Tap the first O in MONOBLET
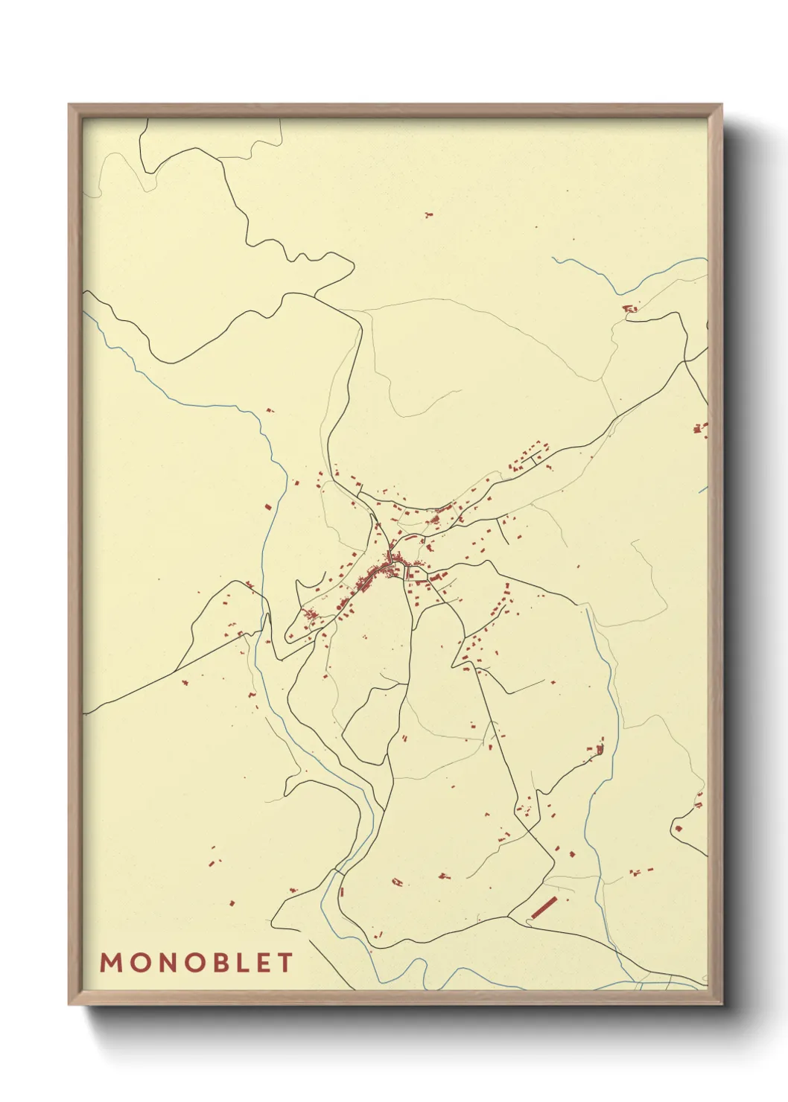(139, 963)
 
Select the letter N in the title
(166, 963)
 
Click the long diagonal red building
(545, 907)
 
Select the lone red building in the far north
(428, 215)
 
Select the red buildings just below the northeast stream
(630, 308)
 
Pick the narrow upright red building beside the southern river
(342, 891)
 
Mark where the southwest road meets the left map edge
(84, 713)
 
